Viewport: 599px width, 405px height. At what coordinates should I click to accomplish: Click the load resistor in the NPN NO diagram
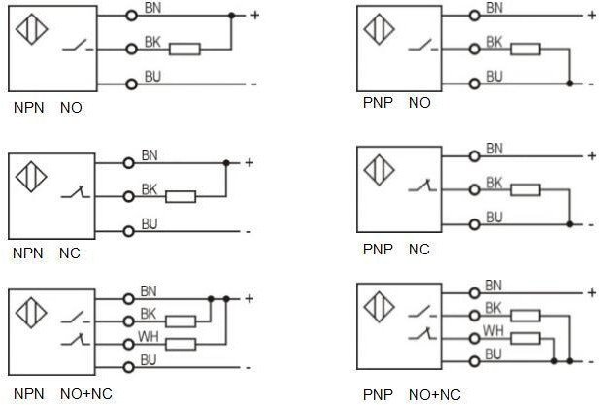tap(184, 50)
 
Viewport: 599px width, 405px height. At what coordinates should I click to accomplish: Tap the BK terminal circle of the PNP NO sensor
tap(475, 49)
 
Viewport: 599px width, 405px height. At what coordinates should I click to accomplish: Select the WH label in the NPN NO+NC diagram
tap(149, 337)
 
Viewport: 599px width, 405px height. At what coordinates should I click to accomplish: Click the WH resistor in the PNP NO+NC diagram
tap(525, 339)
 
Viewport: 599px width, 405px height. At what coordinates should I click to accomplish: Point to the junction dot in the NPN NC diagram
tap(226, 163)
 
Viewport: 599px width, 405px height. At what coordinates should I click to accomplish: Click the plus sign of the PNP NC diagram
tap(592, 156)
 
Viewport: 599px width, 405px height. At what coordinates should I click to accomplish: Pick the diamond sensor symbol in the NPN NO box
tap(32, 29)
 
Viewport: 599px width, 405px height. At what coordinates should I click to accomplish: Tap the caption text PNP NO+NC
tap(412, 394)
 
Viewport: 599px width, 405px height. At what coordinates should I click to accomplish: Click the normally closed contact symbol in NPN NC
tap(76, 192)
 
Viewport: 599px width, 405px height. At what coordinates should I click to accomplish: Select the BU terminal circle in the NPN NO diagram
tap(131, 84)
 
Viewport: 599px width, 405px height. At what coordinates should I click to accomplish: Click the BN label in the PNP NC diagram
tap(494, 149)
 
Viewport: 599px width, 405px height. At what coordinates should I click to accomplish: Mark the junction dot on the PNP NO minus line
tap(570, 84)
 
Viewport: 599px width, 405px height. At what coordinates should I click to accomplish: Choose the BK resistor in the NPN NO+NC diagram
tap(181, 321)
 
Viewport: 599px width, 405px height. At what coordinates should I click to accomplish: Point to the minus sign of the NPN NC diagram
tap(249, 232)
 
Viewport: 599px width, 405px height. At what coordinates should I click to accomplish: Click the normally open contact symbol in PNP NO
tap(423, 46)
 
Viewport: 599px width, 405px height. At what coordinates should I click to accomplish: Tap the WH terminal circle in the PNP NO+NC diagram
tap(475, 339)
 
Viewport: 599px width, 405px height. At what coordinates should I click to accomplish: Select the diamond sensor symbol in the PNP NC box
tap(379, 170)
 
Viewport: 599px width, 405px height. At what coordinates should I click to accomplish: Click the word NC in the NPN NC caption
tap(70, 253)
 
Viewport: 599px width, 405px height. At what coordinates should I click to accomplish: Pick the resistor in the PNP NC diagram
tap(525, 190)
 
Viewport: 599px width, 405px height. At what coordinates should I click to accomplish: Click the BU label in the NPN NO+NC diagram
tap(149, 360)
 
